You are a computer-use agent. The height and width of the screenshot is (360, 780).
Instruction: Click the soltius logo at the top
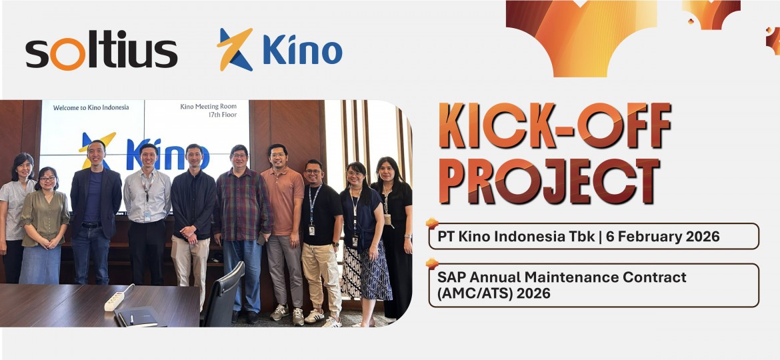(101, 52)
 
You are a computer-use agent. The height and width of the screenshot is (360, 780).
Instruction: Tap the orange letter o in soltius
(67, 56)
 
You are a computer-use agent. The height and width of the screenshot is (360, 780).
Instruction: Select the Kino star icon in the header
(235, 49)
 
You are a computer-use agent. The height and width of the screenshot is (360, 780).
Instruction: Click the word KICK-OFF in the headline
(555, 126)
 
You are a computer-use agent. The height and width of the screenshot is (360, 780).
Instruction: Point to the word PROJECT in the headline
(549, 181)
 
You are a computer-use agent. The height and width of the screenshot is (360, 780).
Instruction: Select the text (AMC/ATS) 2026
(494, 293)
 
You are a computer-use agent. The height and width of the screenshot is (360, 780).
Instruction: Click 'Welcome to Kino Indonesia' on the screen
(91, 107)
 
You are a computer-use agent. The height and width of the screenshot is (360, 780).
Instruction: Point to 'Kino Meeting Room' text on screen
(209, 107)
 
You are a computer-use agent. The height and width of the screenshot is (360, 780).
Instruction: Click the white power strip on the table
(115, 300)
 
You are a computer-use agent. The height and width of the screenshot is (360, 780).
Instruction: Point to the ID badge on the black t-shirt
(311, 230)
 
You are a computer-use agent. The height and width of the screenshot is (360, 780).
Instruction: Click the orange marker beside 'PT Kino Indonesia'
(432, 223)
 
